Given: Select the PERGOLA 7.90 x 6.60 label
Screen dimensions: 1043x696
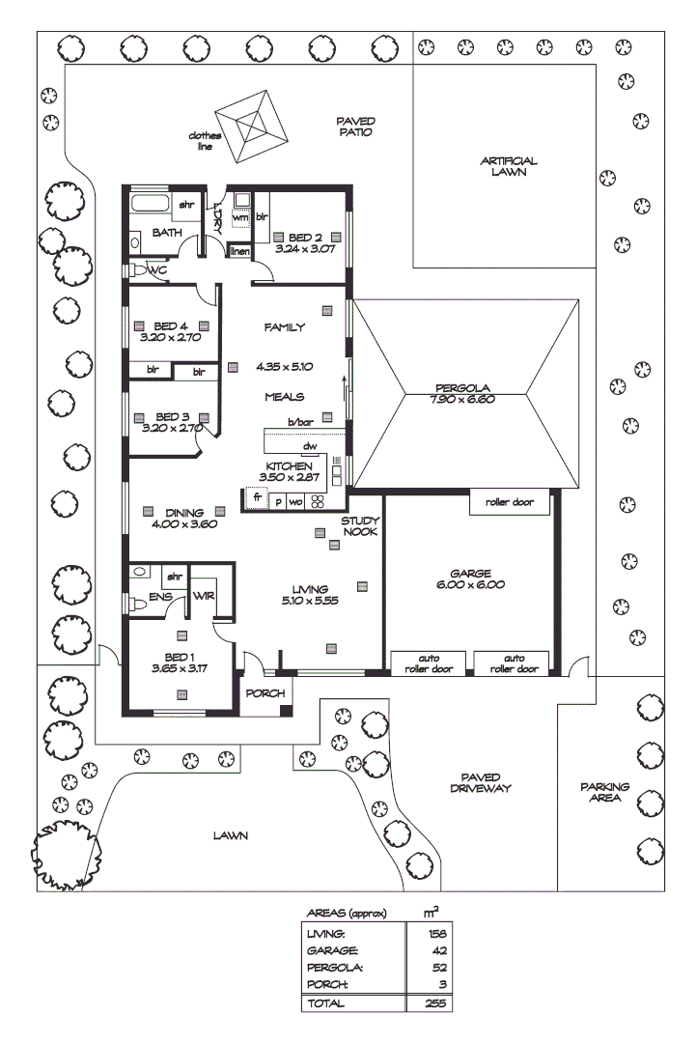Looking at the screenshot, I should [463, 394].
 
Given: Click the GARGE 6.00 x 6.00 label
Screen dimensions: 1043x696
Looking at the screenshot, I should [471, 578].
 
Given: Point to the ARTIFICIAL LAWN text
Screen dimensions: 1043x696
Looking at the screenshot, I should [508, 166].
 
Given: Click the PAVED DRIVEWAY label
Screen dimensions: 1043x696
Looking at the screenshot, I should [480, 782].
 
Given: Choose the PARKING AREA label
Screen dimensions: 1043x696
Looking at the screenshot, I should [604, 792].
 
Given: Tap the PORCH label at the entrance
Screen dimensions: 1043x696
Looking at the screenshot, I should [265, 693].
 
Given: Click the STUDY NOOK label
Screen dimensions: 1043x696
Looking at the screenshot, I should [359, 526].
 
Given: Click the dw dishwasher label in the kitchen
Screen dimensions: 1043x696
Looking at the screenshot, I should [310, 446].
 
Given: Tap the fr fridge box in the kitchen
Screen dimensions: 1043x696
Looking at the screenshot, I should [257, 499].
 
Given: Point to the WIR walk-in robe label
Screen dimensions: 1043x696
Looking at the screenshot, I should [204, 596].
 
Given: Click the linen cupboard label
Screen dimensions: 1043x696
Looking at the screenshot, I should [239, 252].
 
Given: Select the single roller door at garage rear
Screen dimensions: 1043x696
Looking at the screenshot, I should [510, 503].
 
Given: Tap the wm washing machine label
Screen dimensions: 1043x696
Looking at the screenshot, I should [240, 218].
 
